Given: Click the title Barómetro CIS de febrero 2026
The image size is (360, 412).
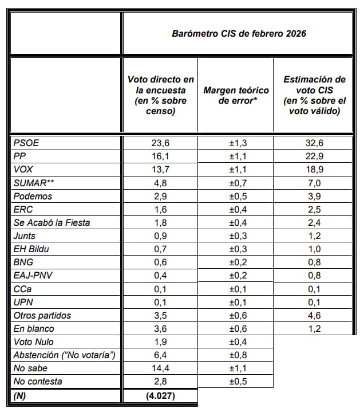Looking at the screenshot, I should click(239, 34).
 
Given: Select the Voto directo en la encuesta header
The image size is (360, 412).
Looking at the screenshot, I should click(160, 95).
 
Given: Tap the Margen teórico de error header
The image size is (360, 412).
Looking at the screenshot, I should click(236, 95).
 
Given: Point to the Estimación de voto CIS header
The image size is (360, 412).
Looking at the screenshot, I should click(314, 95).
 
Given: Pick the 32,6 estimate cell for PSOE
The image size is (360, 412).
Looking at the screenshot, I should click(314, 143).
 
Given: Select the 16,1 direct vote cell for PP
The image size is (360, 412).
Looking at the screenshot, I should click(160, 156).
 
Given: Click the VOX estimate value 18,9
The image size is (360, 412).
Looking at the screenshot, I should click(314, 170).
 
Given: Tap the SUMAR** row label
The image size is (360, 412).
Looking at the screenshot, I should click(34, 183).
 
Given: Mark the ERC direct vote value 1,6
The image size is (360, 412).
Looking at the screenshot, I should click(160, 209).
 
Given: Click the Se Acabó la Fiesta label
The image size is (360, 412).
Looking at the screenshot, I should click(52, 222).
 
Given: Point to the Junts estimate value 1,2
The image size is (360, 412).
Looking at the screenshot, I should click(314, 236).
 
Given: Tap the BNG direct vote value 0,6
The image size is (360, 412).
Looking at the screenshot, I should click(160, 262).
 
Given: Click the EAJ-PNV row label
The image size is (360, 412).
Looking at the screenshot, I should click(33, 276).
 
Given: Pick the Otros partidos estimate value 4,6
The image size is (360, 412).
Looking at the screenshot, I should click(314, 315).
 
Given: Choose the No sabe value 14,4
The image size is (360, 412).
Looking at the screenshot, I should click(160, 368).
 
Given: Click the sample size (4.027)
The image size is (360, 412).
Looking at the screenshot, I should click(160, 395).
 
